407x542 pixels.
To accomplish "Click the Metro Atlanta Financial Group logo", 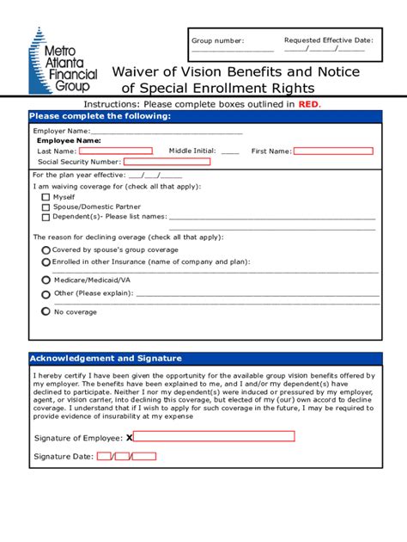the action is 64,61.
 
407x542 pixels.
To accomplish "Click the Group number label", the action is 217,40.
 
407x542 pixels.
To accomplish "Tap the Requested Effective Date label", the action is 328,40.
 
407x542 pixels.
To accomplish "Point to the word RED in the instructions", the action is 308,103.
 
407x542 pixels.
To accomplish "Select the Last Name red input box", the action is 104,151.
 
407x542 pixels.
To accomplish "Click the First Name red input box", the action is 333,151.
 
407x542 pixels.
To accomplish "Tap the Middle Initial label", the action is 191,151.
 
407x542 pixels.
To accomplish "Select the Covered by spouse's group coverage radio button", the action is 46,249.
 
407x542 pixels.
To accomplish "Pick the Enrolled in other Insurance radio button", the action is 46,261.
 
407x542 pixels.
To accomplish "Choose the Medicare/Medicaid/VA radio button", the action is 46,280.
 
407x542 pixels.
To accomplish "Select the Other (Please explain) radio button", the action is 46,293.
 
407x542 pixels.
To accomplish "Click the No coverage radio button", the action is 46,311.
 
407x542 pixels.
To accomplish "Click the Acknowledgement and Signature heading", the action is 106,358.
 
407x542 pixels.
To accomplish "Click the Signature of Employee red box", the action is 214,436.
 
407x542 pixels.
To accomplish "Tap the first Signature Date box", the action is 104,456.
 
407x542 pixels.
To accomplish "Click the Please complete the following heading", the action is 100,116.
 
